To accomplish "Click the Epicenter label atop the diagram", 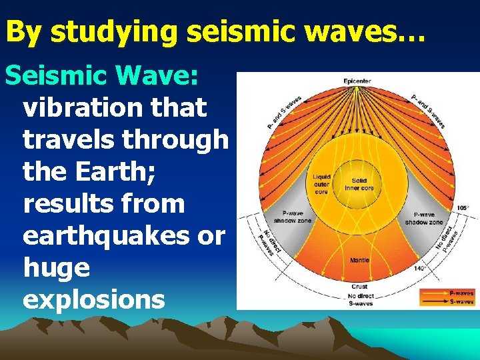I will click(x=357, y=81).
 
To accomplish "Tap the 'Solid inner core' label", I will click(x=359, y=184).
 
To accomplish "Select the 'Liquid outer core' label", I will click(x=322, y=184).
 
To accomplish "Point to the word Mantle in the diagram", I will click(x=359, y=260).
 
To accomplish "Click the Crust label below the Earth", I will click(x=359, y=287).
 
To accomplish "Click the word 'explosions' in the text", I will click(x=93, y=299).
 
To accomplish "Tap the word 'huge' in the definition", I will click(x=56, y=267).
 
